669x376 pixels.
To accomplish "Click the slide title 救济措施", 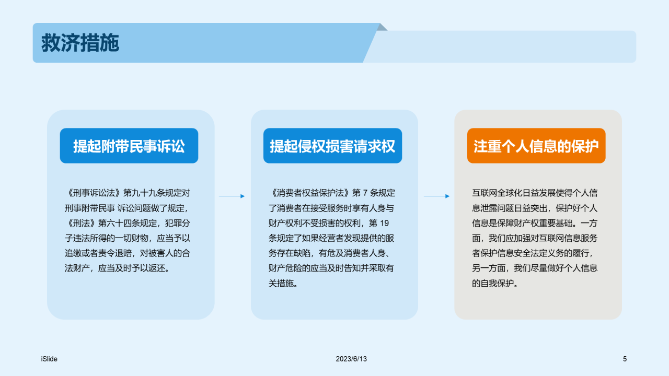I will (x=80, y=43).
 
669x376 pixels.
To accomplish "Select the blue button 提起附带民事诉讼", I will (x=129, y=146).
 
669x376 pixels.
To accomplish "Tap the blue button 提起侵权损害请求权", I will (x=332, y=146).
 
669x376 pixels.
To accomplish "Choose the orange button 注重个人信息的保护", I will (x=536, y=146).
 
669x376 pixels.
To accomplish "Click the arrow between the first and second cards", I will (x=232, y=196).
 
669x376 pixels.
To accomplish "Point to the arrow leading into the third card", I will (x=436, y=196).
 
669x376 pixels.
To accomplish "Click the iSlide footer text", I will (x=49, y=359).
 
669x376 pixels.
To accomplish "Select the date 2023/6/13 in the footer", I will (x=351, y=359).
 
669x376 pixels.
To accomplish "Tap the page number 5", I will (x=625, y=359).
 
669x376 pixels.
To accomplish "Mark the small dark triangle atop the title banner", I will (x=383, y=27).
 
